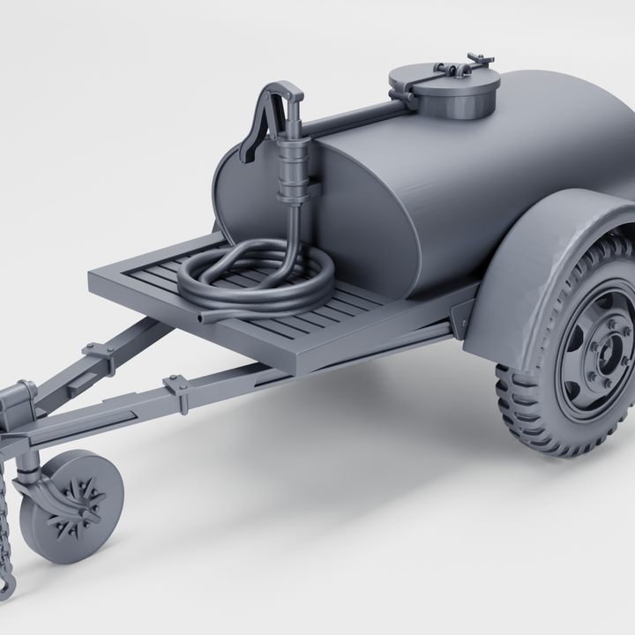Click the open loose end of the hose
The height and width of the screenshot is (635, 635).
204,316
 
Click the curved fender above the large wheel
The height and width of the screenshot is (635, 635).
529,265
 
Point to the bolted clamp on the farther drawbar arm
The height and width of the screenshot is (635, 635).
99,353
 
